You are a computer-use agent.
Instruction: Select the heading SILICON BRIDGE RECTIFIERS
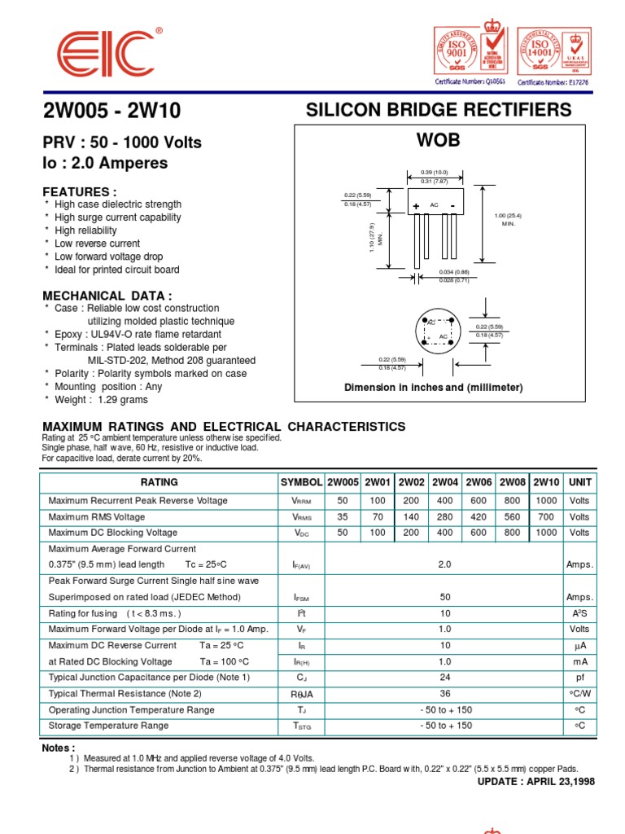point(439,110)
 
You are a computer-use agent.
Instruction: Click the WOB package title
point(439,140)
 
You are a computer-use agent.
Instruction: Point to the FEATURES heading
point(79,191)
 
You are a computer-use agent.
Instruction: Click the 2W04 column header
point(445,482)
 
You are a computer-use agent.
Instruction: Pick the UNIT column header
point(580,482)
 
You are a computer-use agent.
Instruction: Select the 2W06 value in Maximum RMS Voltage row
point(479,517)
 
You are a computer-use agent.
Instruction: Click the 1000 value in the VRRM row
point(546,501)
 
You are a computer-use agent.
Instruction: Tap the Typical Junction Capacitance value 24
point(445,677)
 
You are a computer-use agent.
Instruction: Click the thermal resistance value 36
point(445,693)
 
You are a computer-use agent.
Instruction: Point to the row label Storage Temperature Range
point(109,726)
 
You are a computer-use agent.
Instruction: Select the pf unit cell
point(580,677)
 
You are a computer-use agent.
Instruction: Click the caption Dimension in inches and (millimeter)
point(434,388)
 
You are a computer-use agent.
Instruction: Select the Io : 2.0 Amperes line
point(105,163)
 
